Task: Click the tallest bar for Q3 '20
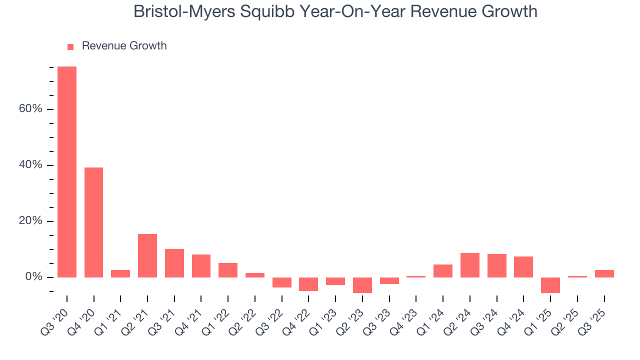[67, 172]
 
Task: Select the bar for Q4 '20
[93, 222]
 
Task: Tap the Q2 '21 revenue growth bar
[147, 255]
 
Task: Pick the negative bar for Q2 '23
[362, 285]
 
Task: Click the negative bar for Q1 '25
[550, 285]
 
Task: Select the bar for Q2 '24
[470, 265]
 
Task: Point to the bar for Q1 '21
[120, 273]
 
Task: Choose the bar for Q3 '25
[604, 273]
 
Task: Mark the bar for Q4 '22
[308, 284]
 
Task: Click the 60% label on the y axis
[30, 109]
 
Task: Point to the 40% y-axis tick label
[30, 165]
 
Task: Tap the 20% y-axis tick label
[30, 221]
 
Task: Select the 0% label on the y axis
[33, 277]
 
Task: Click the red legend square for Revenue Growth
[70, 46]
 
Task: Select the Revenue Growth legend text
[124, 46]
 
